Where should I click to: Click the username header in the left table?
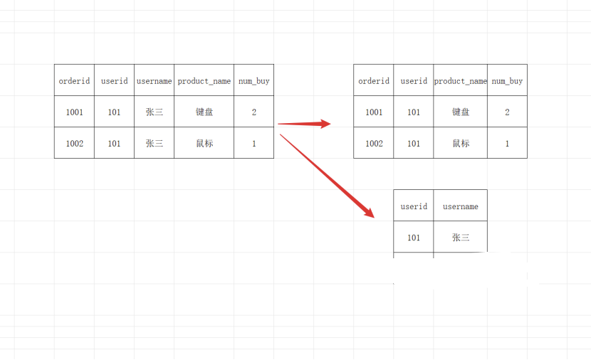(154, 81)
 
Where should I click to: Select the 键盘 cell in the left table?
(204, 112)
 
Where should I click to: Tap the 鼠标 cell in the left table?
(204, 144)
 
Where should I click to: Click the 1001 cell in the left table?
(74, 112)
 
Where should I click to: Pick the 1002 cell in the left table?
(74, 144)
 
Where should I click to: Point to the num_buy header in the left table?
(253, 81)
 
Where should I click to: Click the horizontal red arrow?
(304, 124)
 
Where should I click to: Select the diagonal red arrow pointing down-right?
(327, 175)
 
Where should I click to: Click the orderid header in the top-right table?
(374, 81)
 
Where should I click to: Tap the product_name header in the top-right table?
(461, 81)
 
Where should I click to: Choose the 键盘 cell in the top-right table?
(461, 112)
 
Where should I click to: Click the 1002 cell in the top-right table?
(374, 144)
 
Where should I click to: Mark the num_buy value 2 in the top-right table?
(507, 112)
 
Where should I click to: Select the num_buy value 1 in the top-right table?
(507, 144)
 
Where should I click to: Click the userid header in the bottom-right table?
(414, 206)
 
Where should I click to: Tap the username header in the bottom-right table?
(461, 206)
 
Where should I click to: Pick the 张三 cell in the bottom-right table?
(461, 238)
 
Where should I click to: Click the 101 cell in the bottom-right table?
(414, 238)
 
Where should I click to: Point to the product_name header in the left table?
(204, 81)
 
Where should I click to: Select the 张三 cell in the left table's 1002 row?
(154, 144)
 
